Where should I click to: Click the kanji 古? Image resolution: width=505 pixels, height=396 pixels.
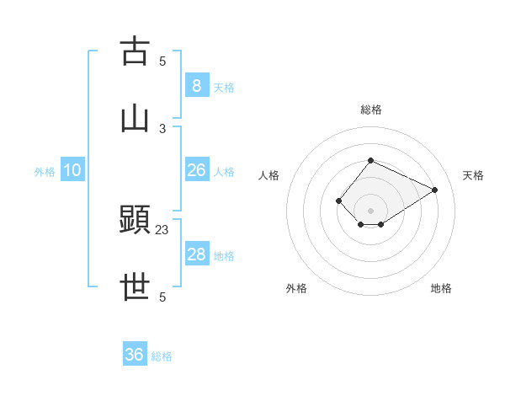[135, 51]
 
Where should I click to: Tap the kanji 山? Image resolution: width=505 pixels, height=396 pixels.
[135, 119]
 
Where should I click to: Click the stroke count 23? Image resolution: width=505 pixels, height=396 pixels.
[162, 229]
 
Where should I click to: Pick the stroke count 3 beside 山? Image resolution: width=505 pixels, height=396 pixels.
[162, 128]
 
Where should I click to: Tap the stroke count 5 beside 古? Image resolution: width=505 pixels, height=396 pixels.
[162, 61]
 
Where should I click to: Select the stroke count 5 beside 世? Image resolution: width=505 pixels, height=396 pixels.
[162, 297]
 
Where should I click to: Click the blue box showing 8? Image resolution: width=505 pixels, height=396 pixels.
[196, 86]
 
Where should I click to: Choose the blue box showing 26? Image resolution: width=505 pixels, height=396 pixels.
[196, 170]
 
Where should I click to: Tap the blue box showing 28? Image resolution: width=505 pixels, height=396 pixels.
[196, 254]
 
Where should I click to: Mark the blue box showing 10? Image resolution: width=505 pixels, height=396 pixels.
[72, 170]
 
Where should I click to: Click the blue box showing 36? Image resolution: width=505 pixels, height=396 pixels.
[134, 355]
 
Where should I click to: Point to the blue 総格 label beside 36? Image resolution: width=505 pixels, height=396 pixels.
[162, 356]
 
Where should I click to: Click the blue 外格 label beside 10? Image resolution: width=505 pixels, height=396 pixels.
[45, 172]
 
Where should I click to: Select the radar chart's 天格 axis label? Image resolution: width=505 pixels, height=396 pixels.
[473, 175]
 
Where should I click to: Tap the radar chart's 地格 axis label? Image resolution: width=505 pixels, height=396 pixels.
[441, 288]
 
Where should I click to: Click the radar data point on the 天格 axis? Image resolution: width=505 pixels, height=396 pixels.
[435, 190]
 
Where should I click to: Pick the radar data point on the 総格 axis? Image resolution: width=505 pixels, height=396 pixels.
[370, 160]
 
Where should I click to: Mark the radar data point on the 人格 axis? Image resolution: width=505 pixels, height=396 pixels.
[338, 201]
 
